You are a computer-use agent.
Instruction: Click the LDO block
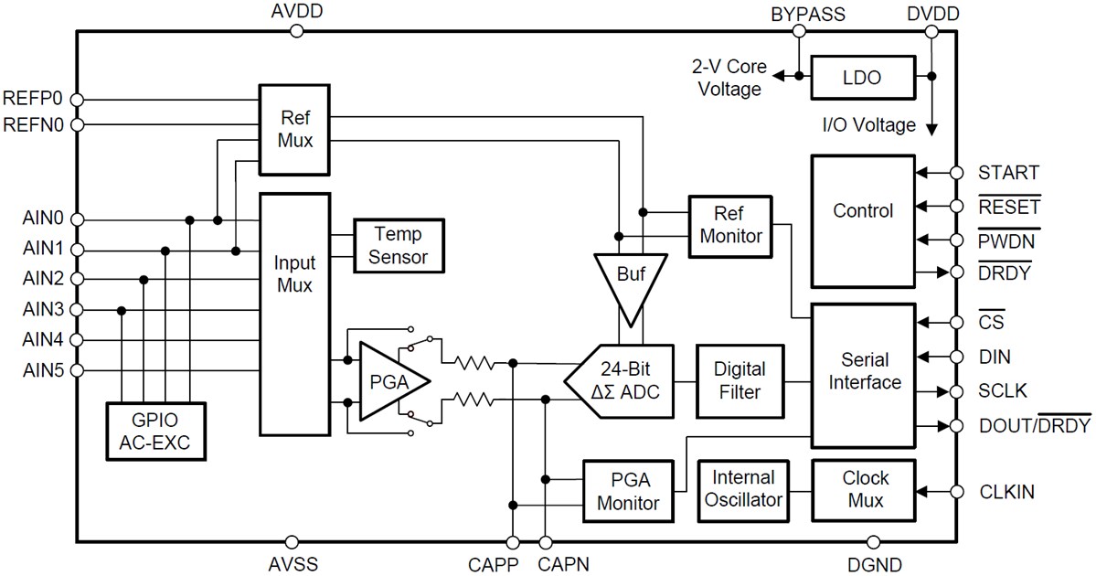[862, 78]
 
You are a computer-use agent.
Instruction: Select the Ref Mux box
[295, 129]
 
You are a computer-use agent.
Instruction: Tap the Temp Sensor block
[399, 245]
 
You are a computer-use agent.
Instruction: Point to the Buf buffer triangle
[631, 274]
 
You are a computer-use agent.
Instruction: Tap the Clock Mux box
[863, 488]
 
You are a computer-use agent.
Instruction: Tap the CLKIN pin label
[1006, 492]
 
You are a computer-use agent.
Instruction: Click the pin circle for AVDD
[296, 31]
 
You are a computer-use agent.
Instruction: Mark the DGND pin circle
[873, 542]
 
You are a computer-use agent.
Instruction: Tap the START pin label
[1007, 172]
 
